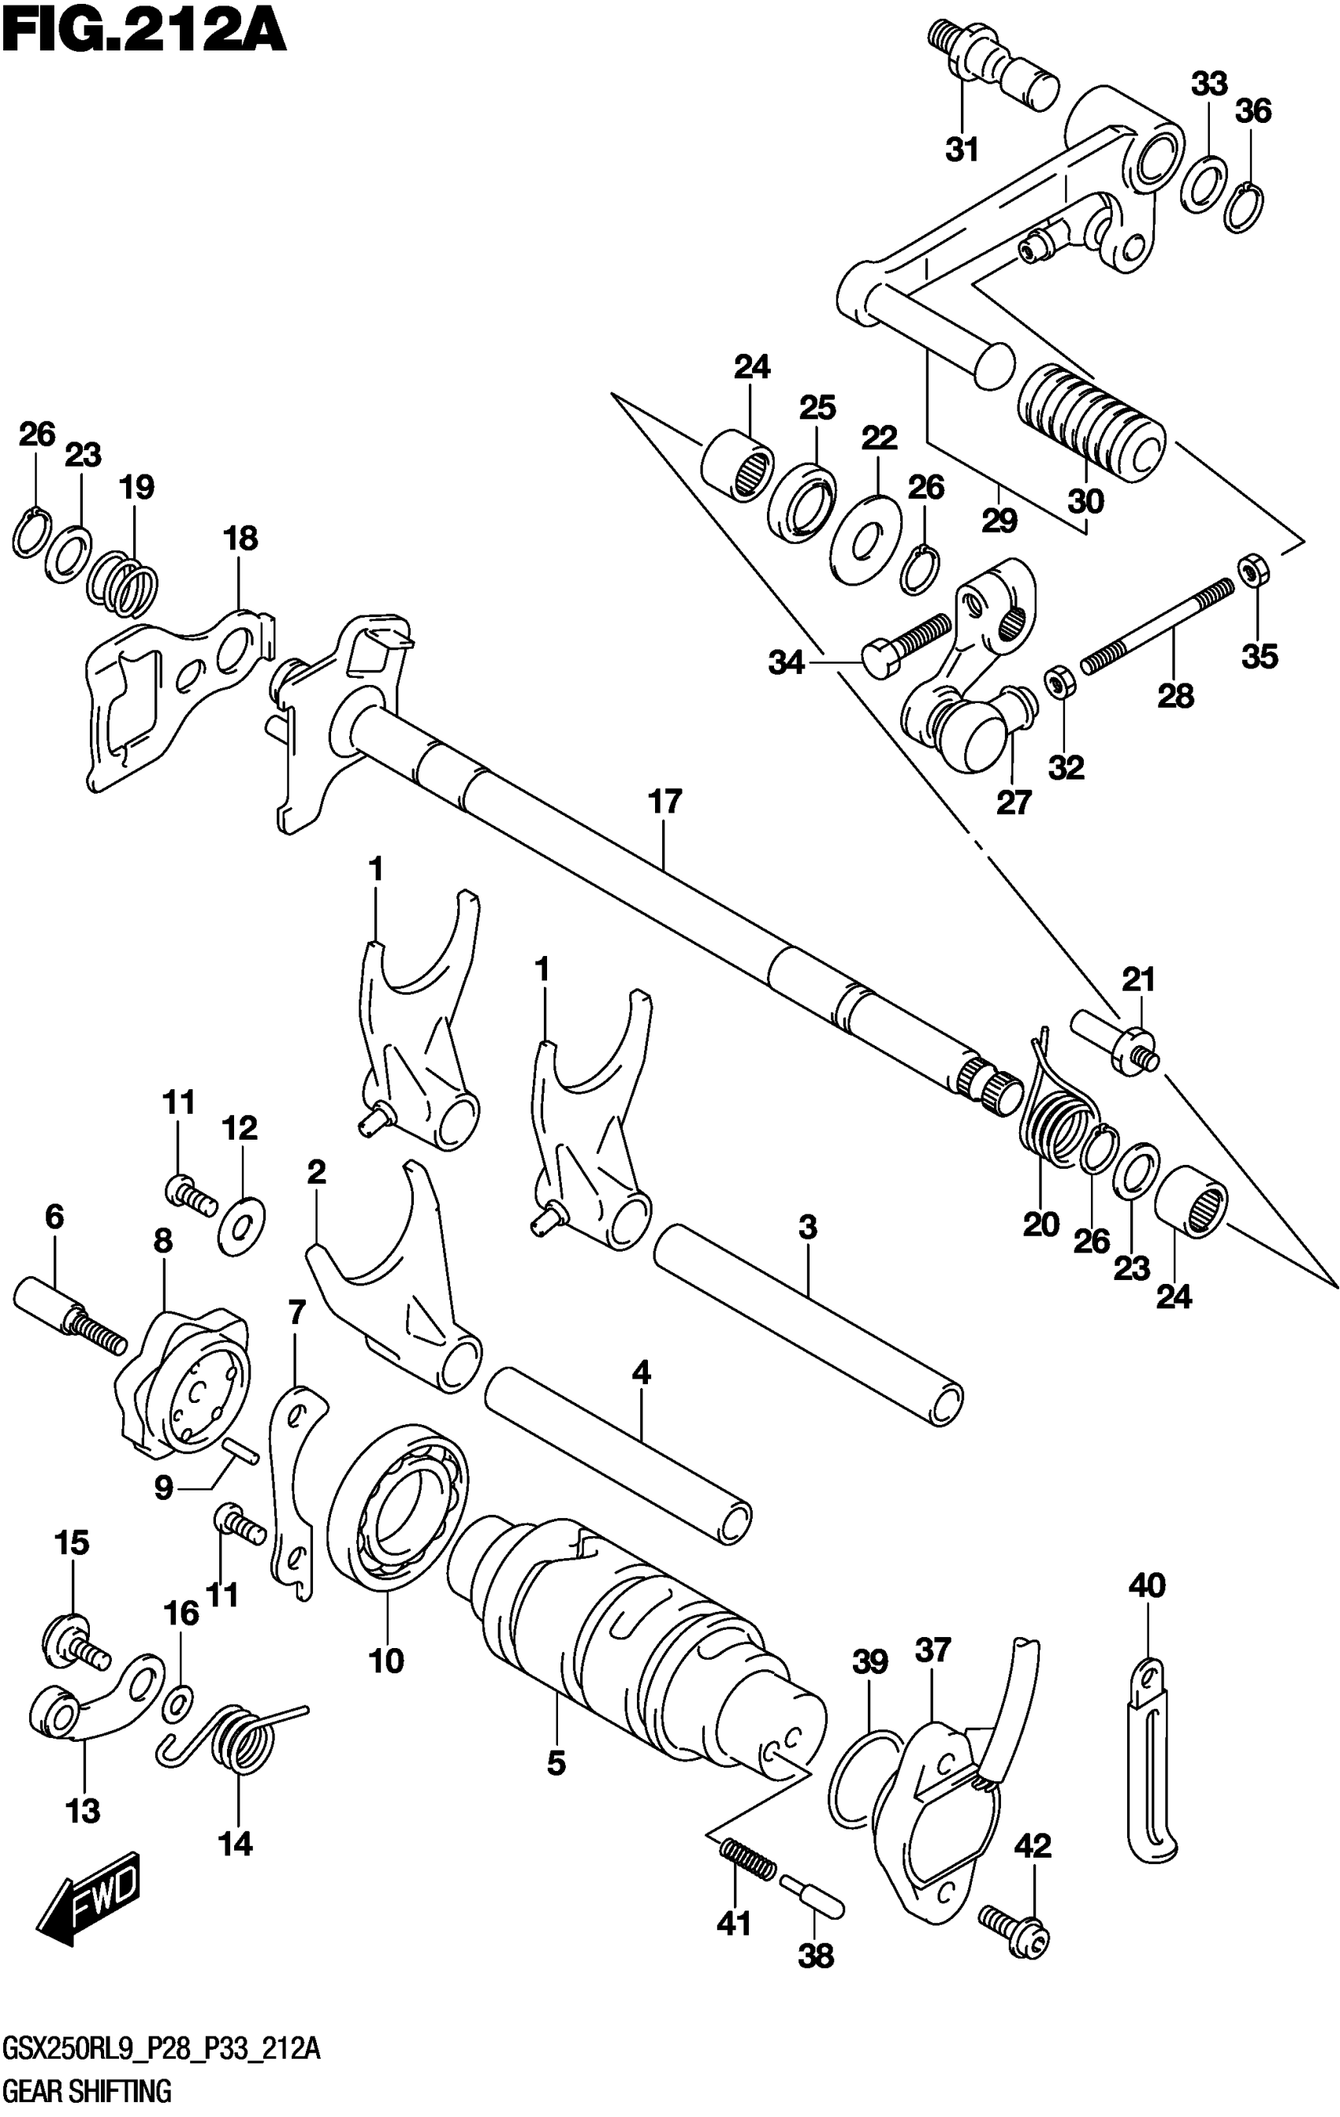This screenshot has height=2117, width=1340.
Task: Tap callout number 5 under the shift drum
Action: (x=556, y=1762)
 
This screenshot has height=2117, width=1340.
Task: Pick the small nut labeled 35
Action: (x=1252, y=571)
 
